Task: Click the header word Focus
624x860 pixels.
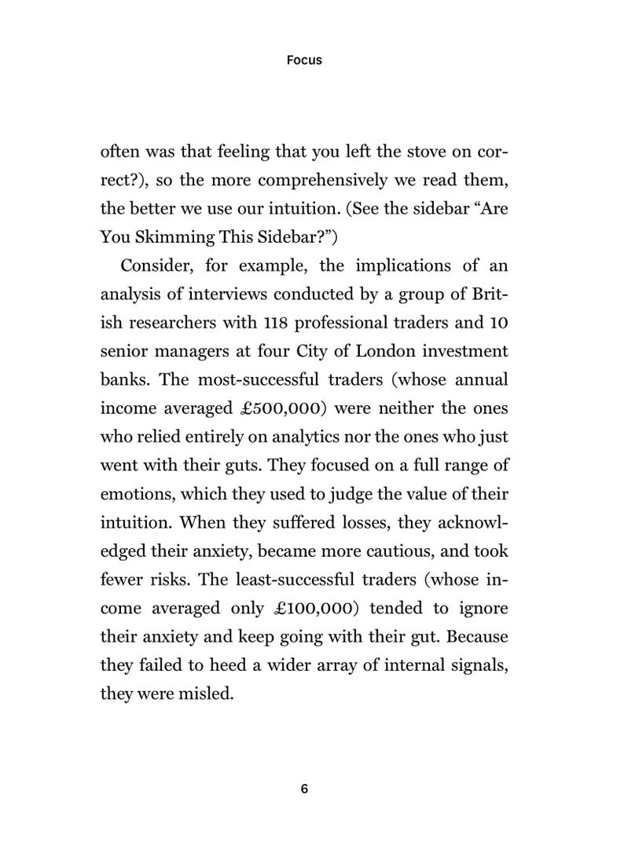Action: click(304, 60)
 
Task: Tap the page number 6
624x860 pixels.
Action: click(304, 789)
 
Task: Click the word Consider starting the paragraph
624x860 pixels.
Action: click(157, 265)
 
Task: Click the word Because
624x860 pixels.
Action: click(472, 637)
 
